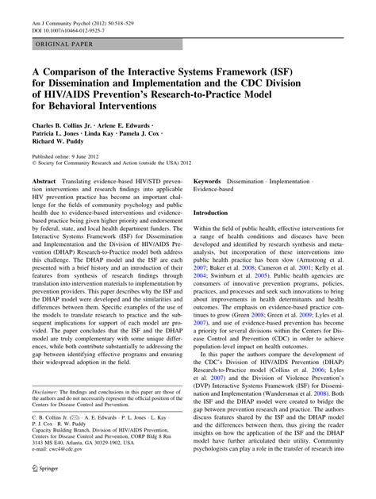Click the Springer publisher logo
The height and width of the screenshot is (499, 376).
coord(38,489)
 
